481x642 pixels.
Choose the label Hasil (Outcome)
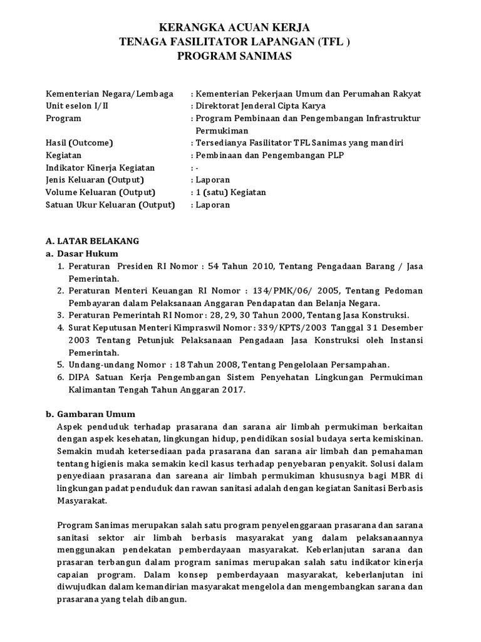coord(79,143)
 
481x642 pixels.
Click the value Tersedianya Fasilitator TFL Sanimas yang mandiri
coord(300,143)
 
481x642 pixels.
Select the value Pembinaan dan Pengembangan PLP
coord(270,155)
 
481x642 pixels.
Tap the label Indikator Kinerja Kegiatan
coord(100,167)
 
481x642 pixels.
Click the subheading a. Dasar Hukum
coord(82,253)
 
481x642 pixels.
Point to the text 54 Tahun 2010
coord(239,266)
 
